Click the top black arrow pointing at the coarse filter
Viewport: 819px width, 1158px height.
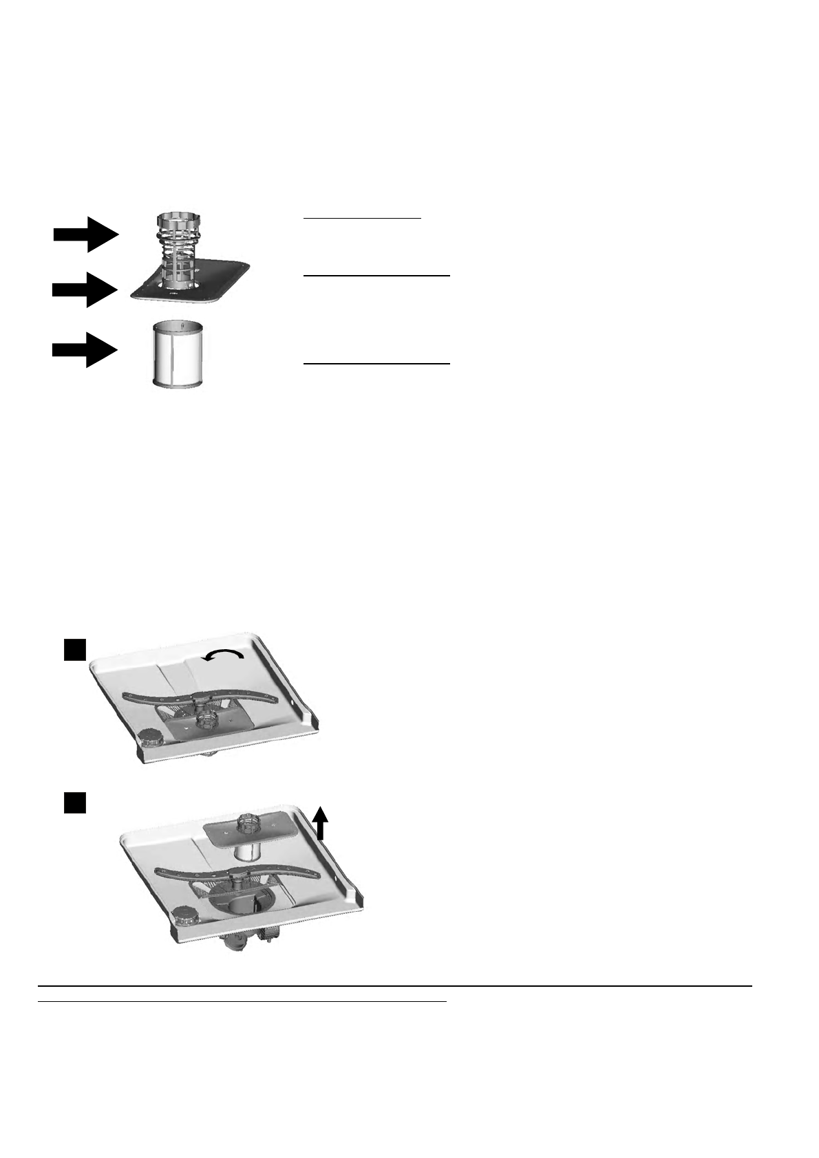point(86,234)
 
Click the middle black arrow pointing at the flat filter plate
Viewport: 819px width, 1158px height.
point(84,289)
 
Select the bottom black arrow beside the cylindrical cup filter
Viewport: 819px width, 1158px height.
point(84,350)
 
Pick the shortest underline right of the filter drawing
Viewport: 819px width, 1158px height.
point(362,218)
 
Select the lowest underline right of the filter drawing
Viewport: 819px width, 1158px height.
point(376,363)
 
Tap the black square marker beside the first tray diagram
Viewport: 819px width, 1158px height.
point(75,649)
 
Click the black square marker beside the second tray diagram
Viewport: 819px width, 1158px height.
point(75,802)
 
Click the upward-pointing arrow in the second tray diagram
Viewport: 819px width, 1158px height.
point(320,823)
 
